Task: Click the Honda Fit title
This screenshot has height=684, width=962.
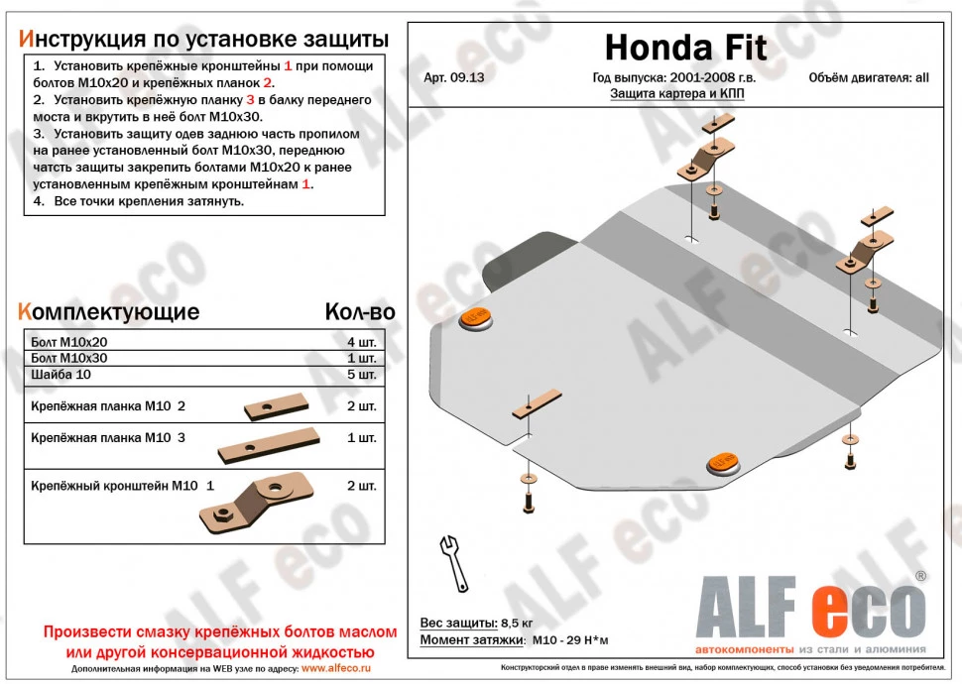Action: (684, 47)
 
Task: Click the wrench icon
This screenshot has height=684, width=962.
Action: (453, 563)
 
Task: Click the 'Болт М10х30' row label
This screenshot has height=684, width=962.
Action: (69, 358)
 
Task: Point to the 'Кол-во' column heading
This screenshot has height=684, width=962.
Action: (360, 312)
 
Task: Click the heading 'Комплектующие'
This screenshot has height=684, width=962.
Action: (109, 312)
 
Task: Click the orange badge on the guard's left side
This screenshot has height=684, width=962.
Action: (475, 318)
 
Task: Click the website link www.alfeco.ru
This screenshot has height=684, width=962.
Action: (337, 668)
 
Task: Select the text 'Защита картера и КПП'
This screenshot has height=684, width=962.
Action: (676, 94)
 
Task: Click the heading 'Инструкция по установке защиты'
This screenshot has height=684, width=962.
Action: (203, 39)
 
